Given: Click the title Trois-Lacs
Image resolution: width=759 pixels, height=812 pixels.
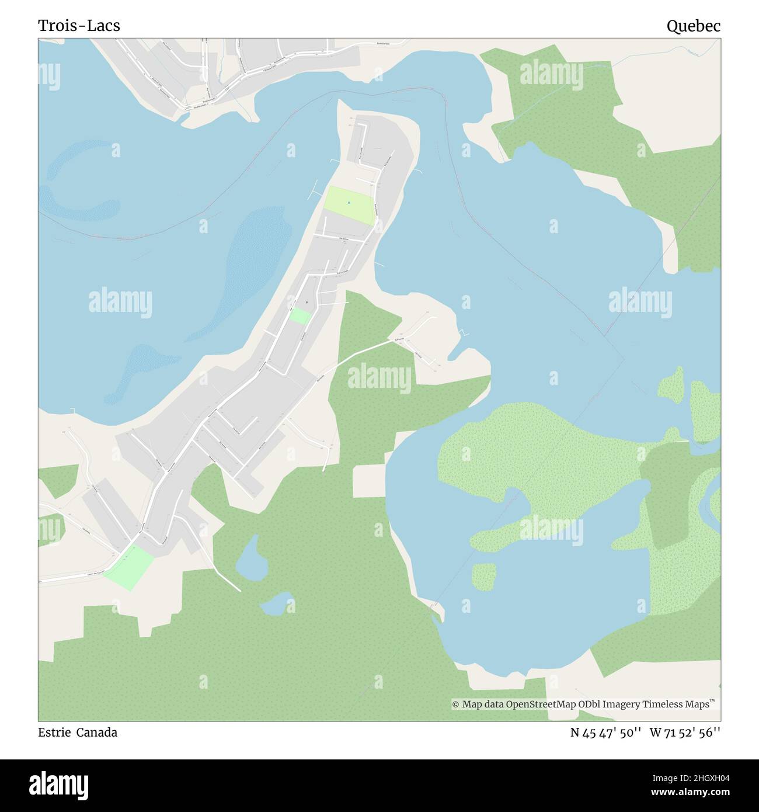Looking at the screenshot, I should tap(79, 26).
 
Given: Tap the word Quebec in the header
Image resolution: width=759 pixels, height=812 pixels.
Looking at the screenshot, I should tap(693, 26).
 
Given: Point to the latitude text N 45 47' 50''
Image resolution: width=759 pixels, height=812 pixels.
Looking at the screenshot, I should tap(607, 732).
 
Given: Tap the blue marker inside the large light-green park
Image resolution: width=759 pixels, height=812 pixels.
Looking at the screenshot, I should tap(349, 203).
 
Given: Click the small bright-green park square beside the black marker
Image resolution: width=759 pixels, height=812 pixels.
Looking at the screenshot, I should tap(300, 316).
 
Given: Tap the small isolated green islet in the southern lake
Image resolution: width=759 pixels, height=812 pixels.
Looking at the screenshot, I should tap(484, 577).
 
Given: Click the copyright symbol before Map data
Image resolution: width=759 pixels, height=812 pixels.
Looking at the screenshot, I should tap(455, 705).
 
